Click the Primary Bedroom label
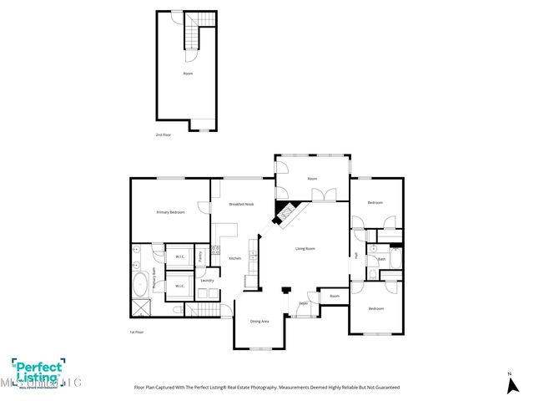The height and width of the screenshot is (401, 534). click(x=170, y=212)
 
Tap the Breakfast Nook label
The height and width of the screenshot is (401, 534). click(x=241, y=205)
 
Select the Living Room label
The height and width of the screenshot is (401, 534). click(x=305, y=249)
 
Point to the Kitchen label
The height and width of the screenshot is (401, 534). click(x=234, y=258)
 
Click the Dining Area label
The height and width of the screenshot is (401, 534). click(x=259, y=321)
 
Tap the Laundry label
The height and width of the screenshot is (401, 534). click(x=207, y=280)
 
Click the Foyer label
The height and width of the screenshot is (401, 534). click(x=304, y=303)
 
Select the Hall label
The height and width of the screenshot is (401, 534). click(x=355, y=255)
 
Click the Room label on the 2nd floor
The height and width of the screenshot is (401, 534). click(x=188, y=74)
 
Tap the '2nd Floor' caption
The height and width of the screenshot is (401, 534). click(x=164, y=135)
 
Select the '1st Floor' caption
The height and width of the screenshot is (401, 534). click(x=137, y=332)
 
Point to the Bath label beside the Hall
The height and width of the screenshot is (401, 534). click(x=381, y=259)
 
